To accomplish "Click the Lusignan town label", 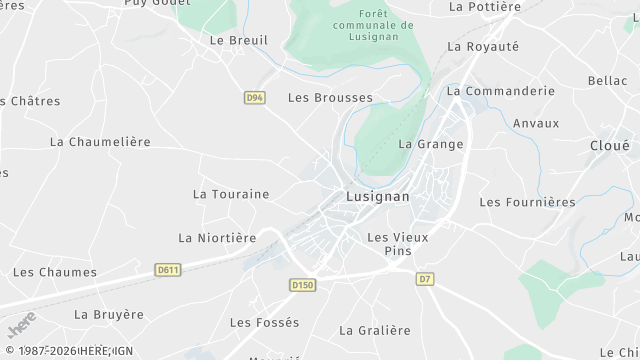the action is coord(378,196).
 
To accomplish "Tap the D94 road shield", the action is coord(254,97).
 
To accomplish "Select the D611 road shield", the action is coord(168,269).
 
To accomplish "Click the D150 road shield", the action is coord(302,285).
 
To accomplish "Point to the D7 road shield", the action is coord(426,278).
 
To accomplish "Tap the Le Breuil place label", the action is coord(239,40).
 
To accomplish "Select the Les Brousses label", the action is coord(330,98).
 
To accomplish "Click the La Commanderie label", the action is coord(501,90).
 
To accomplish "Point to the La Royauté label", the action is coord(483,46).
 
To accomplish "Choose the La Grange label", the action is coord(431,144).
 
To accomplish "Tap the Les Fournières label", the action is coord(528,202).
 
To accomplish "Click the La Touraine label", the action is coord(231,193).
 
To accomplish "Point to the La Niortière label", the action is coord(217,238).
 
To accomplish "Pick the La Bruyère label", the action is coord(111,314).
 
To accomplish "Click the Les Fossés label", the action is coord(264,322).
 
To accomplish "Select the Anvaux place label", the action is coord(536,123).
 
